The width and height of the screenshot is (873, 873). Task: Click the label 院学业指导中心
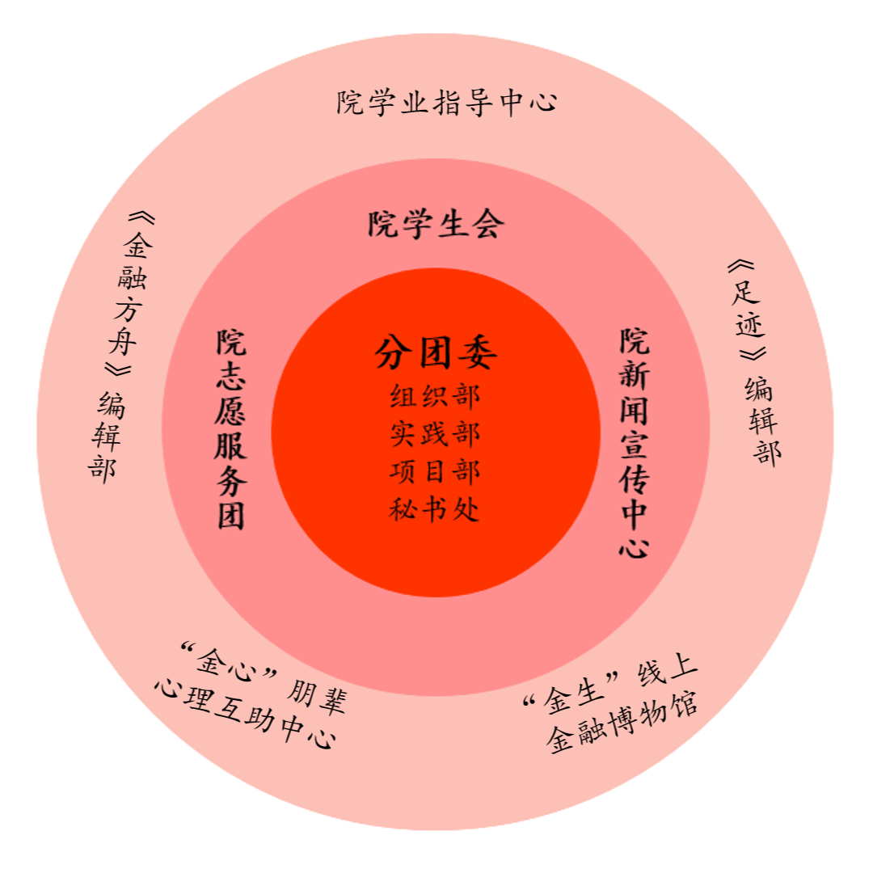click(x=447, y=103)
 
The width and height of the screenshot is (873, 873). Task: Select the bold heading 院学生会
click(x=436, y=224)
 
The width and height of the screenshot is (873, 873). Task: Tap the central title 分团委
click(x=436, y=353)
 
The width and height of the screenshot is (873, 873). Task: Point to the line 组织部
click(x=435, y=396)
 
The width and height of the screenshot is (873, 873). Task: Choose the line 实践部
click(x=435, y=434)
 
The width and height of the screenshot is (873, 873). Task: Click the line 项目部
click(x=435, y=472)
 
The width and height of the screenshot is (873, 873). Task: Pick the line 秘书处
click(x=435, y=510)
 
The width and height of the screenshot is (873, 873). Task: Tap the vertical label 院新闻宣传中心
click(x=635, y=443)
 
